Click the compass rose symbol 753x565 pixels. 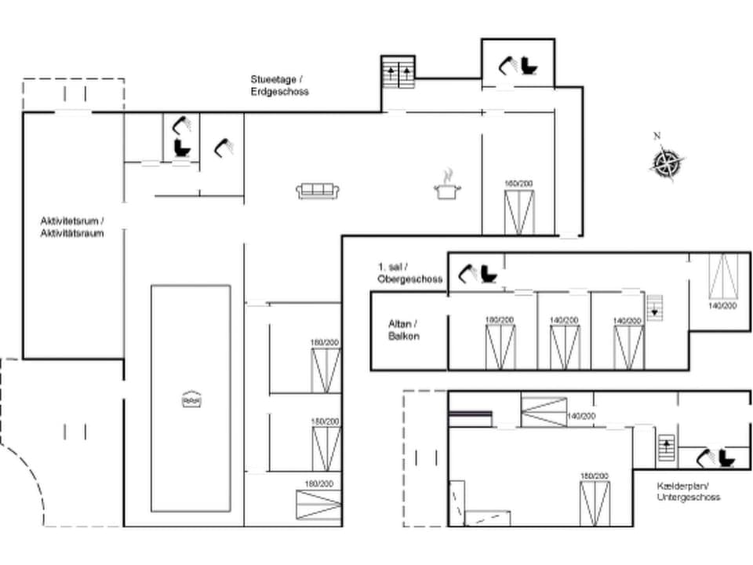click(x=667, y=164)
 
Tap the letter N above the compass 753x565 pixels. click(x=657, y=136)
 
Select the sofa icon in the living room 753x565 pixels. click(x=318, y=190)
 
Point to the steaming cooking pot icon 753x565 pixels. click(x=447, y=186)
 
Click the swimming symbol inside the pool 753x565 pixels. click(x=191, y=399)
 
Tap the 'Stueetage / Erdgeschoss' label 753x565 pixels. click(x=279, y=86)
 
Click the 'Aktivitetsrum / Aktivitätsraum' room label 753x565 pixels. click(x=72, y=227)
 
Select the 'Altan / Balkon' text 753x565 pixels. click(x=404, y=330)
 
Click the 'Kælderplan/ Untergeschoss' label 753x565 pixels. click(x=688, y=491)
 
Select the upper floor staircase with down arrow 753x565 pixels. click(x=654, y=307)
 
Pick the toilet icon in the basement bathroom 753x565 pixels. click(x=726, y=457)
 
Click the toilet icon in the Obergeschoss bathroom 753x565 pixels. click(x=489, y=273)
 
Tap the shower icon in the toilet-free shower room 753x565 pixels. click(x=224, y=147)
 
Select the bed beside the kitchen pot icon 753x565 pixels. click(x=518, y=212)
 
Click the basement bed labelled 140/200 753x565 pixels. click(x=544, y=412)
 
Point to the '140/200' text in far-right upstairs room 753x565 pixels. click(x=722, y=306)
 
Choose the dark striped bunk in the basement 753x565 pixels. click(x=470, y=417)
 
